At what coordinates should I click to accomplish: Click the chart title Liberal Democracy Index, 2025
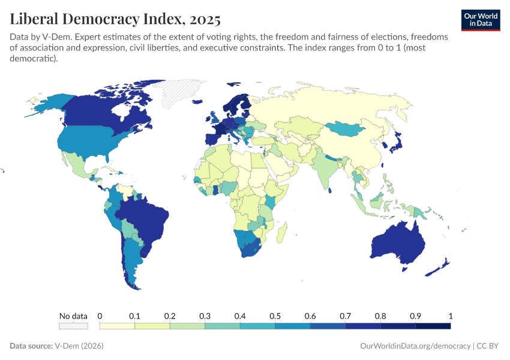(x=115, y=19)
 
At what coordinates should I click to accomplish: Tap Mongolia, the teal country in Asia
(x=347, y=128)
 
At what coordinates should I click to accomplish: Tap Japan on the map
(x=395, y=142)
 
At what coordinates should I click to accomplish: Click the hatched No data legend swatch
(x=73, y=326)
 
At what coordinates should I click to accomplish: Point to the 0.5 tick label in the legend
(x=275, y=316)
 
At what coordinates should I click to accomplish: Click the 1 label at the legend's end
(x=450, y=316)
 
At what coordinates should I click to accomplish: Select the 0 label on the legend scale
(x=100, y=316)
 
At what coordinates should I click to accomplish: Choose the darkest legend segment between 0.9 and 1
(x=433, y=326)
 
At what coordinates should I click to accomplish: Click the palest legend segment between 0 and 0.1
(x=117, y=326)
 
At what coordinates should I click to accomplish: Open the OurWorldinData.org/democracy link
(x=415, y=346)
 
